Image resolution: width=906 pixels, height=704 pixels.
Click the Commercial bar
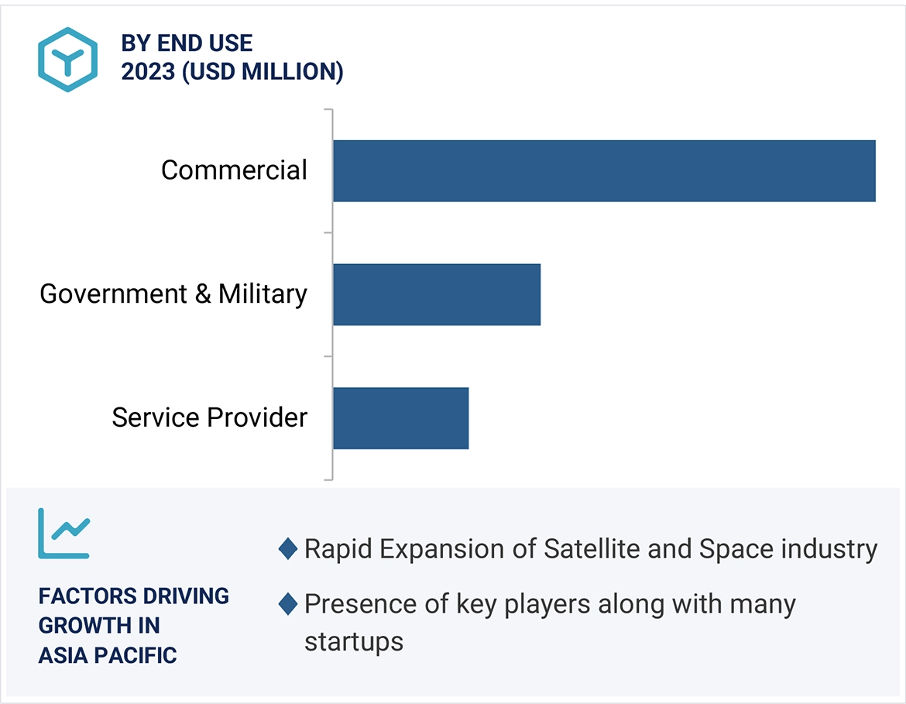coord(604,170)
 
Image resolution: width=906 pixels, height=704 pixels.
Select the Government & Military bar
coord(437,294)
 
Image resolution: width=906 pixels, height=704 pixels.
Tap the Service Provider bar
coord(400,418)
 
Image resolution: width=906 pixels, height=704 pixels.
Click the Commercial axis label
coord(234,170)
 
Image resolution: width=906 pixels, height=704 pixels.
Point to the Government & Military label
coord(173,294)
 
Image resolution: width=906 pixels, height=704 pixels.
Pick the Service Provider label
coord(210,418)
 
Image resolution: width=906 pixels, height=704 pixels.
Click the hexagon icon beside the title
coord(68,60)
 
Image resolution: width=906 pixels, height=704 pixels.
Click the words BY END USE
coord(187,43)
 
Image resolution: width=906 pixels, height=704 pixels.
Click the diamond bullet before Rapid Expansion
coord(287,549)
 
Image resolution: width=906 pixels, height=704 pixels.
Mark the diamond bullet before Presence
coord(287,604)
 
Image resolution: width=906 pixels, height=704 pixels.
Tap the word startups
coord(354,642)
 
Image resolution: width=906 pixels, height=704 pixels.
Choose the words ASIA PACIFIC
coord(108,655)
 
